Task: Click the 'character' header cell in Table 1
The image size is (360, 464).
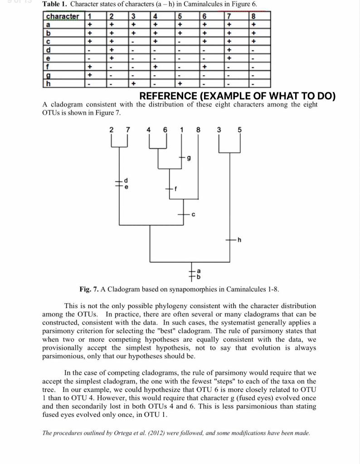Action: tap(62, 17)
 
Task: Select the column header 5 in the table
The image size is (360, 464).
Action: tap(180, 17)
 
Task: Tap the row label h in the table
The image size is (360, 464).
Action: tap(48, 83)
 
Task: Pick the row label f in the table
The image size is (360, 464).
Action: tap(48, 67)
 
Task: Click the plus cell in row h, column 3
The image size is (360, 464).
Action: tap(133, 83)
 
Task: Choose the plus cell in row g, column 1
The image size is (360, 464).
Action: tap(91, 75)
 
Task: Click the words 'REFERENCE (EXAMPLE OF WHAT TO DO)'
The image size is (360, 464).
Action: tap(237, 96)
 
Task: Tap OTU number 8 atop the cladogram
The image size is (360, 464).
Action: tap(198, 130)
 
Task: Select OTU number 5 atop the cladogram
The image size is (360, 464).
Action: tap(240, 130)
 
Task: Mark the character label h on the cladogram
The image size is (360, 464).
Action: tap(239, 240)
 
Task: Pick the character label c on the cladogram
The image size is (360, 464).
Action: tap(193, 214)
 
